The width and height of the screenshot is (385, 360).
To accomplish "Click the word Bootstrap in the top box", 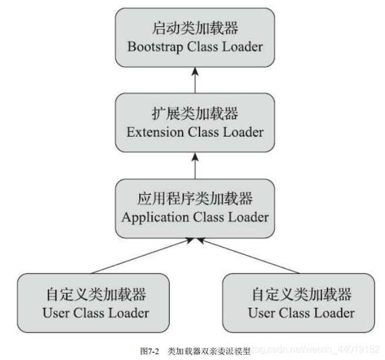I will [x=155, y=47].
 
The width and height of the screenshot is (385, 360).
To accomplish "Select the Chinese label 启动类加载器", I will [x=195, y=29].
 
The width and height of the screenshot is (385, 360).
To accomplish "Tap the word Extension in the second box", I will [x=155, y=132].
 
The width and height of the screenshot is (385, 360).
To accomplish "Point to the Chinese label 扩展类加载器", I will [x=195, y=114].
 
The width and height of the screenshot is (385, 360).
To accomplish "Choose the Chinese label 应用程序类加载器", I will [x=195, y=199].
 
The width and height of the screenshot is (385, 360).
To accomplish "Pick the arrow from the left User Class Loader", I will [x=141, y=256].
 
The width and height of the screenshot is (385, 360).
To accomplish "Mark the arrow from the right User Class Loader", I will [x=249, y=256].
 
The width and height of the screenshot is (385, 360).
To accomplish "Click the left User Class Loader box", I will [x=93, y=303].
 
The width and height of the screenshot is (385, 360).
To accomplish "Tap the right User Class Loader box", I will [x=298, y=303].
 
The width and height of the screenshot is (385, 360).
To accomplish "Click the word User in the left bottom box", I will [x=56, y=313].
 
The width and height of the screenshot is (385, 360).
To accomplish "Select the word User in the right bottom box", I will [x=261, y=313].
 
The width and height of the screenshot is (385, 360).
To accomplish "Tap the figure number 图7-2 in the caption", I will [x=150, y=351].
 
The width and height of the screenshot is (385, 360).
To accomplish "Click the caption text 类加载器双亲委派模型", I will [x=209, y=351].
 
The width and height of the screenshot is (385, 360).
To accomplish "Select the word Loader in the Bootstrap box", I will [x=242, y=47].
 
